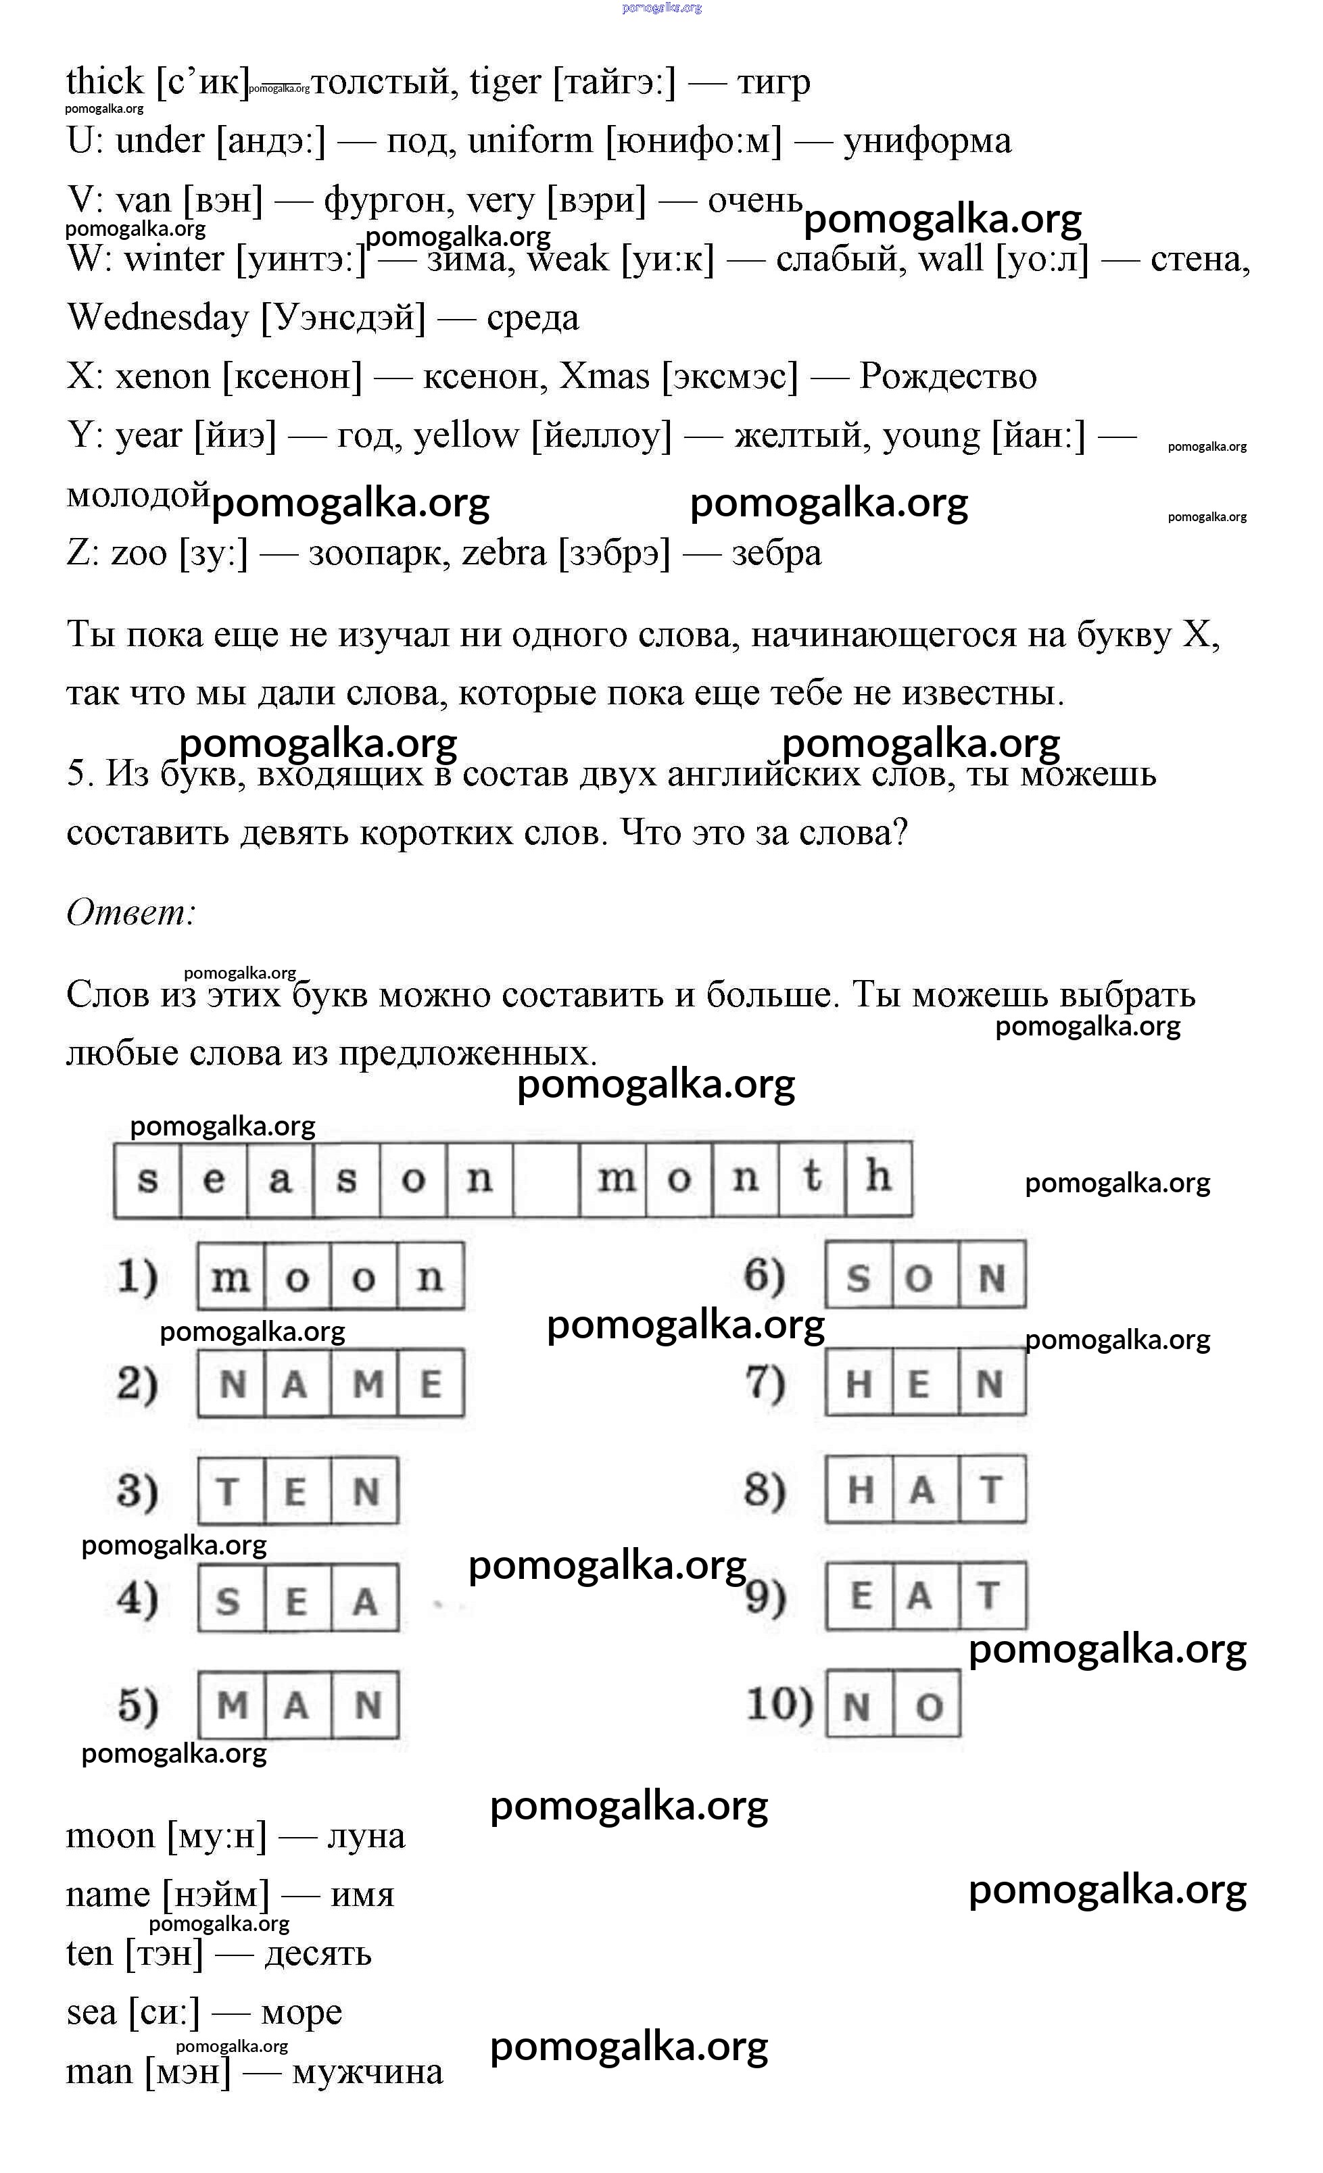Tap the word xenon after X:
[162, 376]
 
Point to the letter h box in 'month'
[877, 1178]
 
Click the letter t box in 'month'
[811, 1178]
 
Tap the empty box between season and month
[546, 1178]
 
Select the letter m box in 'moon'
[231, 1276]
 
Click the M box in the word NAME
[364, 1383]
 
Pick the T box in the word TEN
[231, 1490]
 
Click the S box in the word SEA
[231, 1598]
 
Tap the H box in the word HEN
[859, 1383]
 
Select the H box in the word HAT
[859, 1490]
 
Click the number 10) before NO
[779, 1704]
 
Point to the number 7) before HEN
[765, 1382]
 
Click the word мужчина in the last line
[367, 2072]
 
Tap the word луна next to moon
[366, 1835]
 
